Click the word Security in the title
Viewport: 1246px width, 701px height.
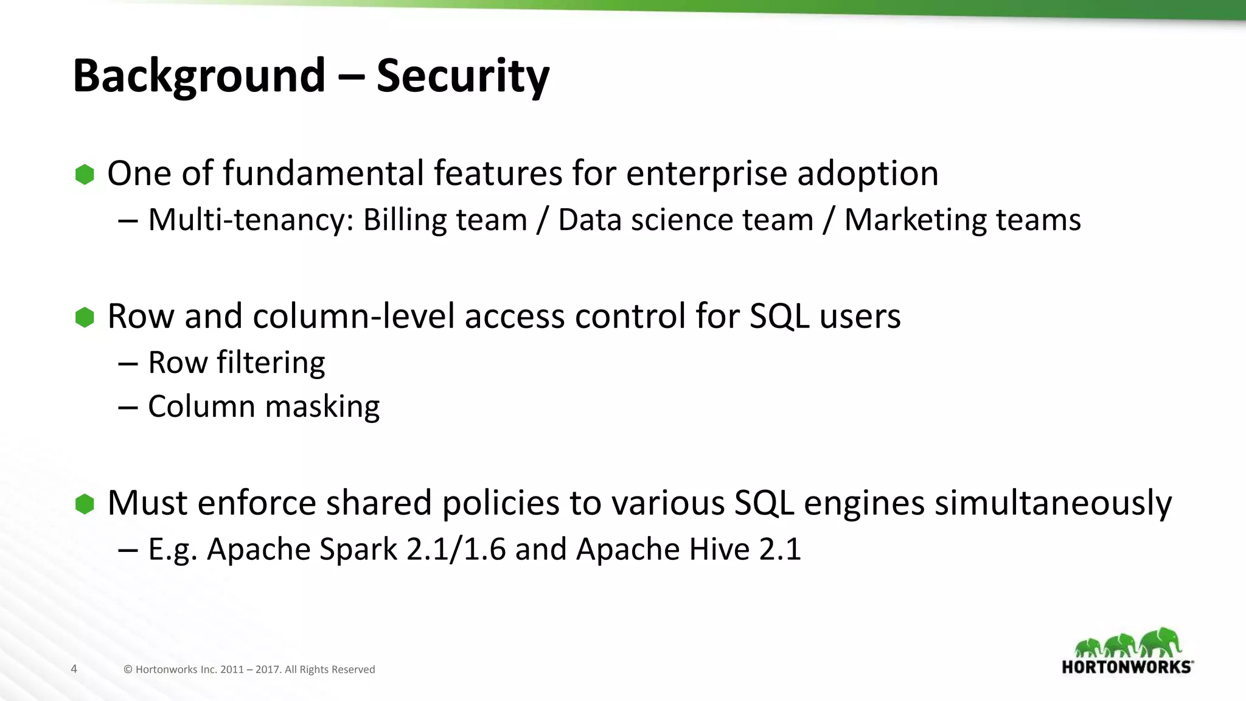point(462,76)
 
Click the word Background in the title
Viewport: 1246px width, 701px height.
point(199,76)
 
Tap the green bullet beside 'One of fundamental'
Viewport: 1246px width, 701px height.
point(85,175)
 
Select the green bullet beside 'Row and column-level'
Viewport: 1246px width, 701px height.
point(85,317)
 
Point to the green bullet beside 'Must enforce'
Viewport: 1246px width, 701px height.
point(85,504)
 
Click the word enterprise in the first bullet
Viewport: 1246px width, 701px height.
point(706,174)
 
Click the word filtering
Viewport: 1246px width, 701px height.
point(271,363)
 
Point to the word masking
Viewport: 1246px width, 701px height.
point(322,406)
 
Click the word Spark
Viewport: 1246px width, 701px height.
point(358,549)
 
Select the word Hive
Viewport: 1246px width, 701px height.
point(720,549)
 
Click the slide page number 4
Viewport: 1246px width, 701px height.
point(74,669)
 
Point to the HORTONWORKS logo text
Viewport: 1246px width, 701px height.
point(1127,667)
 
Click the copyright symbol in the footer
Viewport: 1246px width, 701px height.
point(128,669)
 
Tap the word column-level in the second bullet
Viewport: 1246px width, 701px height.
point(354,317)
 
